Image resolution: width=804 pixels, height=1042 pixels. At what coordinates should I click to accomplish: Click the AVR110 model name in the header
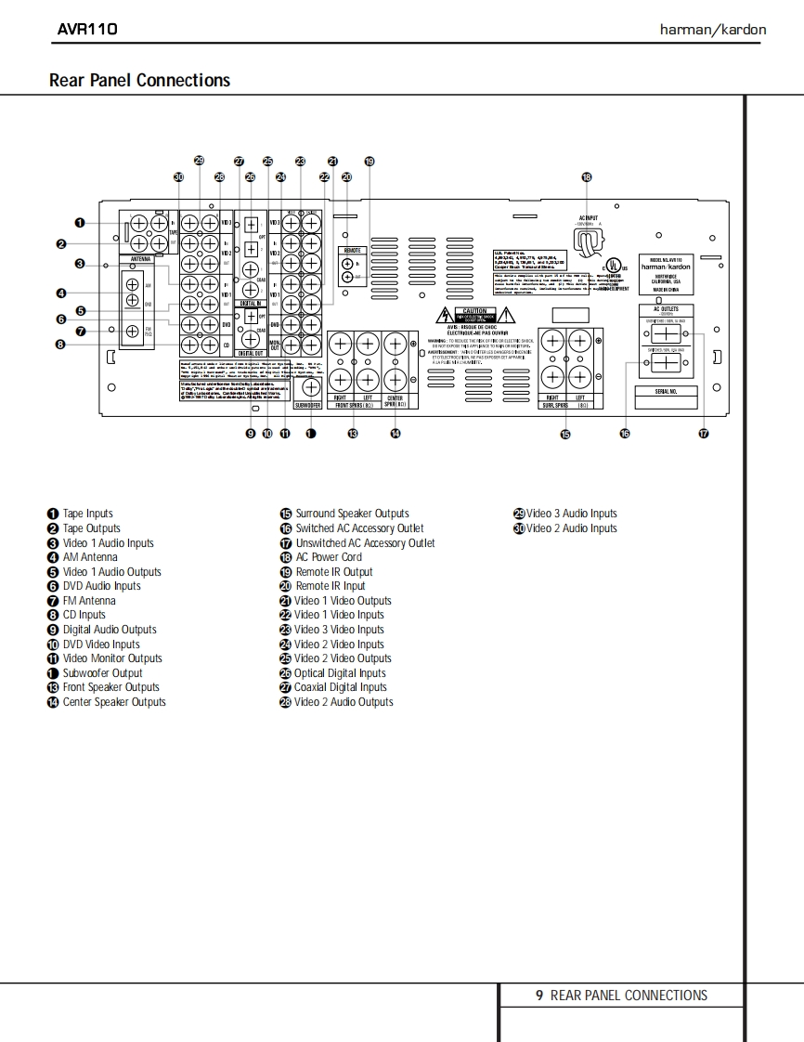click(x=87, y=29)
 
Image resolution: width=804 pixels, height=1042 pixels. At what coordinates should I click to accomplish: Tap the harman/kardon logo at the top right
click(x=713, y=30)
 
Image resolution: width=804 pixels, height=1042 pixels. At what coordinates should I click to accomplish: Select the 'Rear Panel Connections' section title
click(x=139, y=81)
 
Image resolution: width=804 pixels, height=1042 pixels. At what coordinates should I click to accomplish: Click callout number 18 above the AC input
click(x=586, y=176)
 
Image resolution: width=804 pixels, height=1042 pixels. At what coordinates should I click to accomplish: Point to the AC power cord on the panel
click(x=586, y=242)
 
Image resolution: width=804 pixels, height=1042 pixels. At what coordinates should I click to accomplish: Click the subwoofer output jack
click(x=310, y=389)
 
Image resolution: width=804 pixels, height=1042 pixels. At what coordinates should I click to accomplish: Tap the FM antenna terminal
click(x=133, y=331)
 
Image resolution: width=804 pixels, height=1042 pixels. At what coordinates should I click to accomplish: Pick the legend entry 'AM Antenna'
click(x=90, y=557)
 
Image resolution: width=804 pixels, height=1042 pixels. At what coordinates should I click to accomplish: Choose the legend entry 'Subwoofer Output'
click(x=102, y=673)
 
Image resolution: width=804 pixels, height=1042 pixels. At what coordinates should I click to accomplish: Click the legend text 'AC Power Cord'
click(x=329, y=557)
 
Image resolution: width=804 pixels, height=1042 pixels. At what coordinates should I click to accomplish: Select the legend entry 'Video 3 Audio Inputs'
click(x=571, y=514)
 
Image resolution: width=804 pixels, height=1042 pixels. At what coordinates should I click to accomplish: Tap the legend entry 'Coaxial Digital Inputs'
click(x=340, y=687)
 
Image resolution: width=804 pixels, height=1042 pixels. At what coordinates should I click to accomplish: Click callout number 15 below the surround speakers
click(x=565, y=434)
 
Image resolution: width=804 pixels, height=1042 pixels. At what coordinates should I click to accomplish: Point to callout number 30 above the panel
click(x=178, y=176)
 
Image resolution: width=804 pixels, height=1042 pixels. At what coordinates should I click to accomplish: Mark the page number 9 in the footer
click(x=538, y=996)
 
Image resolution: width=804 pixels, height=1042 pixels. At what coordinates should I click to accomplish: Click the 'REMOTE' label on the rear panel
click(x=353, y=251)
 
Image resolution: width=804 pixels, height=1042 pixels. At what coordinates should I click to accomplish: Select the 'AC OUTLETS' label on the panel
click(x=666, y=309)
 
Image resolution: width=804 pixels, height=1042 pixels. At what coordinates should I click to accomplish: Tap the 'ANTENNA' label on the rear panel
click(x=140, y=259)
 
